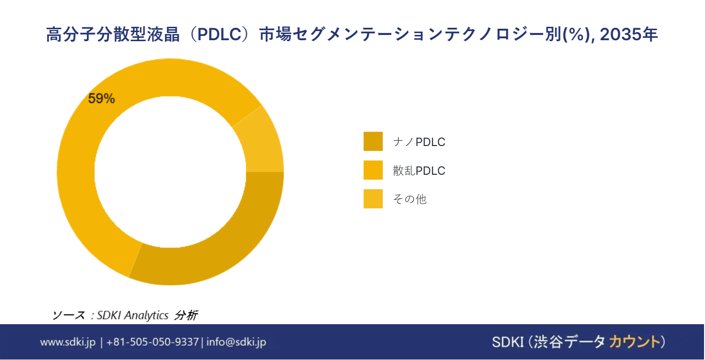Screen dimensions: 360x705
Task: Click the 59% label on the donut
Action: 101,99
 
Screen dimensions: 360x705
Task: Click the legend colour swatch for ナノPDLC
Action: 373,142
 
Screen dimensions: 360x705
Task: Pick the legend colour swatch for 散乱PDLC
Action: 373,170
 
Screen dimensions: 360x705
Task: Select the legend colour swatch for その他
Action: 373,199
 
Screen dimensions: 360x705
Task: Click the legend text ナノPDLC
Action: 419,142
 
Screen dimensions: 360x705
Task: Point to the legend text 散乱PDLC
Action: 419,171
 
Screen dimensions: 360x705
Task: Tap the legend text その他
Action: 409,200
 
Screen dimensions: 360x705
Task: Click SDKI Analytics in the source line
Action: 133,315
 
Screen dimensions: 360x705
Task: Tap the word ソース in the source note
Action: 68,315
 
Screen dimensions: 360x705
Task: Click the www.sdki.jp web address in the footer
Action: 68,342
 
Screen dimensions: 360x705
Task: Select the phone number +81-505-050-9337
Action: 152,342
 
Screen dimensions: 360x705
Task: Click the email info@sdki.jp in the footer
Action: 236,342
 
